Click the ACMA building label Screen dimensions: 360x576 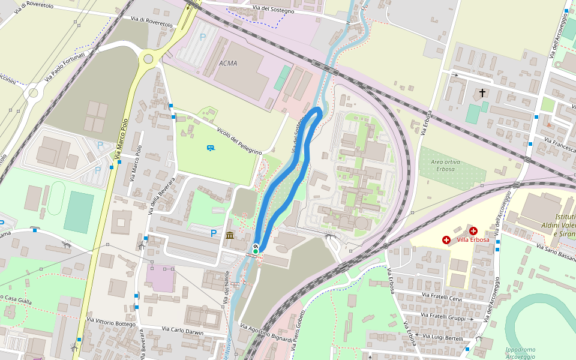[x=228, y=63]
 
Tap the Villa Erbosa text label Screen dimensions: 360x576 [x=473, y=240]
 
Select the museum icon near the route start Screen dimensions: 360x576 [x=230, y=235]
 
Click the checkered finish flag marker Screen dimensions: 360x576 [x=256, y=245]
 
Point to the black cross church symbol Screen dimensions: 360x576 [x=482, y=94]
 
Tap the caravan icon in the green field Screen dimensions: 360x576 [x=211, y=148]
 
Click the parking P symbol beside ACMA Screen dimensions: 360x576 [x=203, y=37]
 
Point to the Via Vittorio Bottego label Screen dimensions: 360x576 [x=111, y=323]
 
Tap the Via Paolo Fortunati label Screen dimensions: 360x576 [x=64, y=67]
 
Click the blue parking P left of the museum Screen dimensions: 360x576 [x=213, y=233]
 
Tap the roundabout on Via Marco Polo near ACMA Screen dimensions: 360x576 [x=148, y=59]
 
